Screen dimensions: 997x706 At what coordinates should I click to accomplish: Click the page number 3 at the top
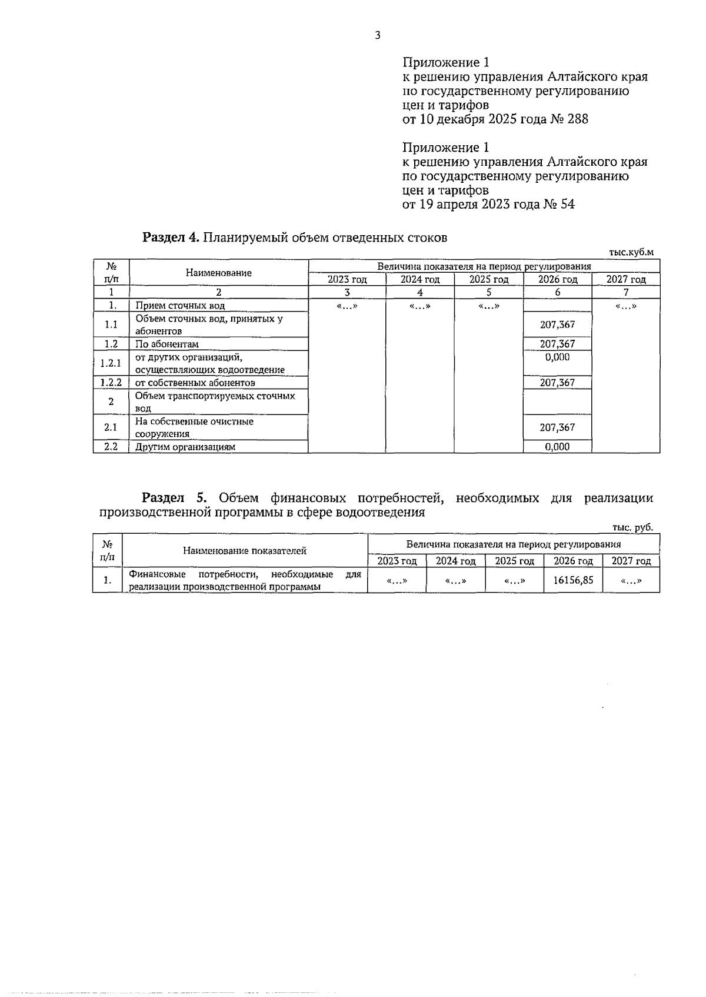point(377,35)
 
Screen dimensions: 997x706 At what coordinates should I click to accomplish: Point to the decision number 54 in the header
point(568,205)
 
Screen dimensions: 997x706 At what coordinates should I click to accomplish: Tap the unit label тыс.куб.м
point(631,252)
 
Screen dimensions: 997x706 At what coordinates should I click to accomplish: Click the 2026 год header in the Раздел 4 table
point(557,280)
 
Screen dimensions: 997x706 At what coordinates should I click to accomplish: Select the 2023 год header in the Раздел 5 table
point(397,561)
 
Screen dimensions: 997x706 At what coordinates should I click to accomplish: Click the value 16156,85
point(573,580)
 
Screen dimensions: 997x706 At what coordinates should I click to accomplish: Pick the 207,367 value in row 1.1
point(557,324)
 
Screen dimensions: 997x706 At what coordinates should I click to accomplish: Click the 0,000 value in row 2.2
point(557,447)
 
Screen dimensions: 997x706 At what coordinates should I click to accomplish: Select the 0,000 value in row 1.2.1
point(557,357)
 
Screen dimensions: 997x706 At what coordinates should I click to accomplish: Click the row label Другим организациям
point(185,447)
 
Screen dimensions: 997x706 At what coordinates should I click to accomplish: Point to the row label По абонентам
point(167,344)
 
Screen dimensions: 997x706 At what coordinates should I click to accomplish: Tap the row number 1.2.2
point(111,383)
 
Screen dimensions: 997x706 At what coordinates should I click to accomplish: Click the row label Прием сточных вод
point(180,306)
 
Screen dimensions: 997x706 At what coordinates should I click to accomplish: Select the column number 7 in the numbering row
point(625,292)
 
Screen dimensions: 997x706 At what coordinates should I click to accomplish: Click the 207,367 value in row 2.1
point(557,427)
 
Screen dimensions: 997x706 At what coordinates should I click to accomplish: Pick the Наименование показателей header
point(245,551)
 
